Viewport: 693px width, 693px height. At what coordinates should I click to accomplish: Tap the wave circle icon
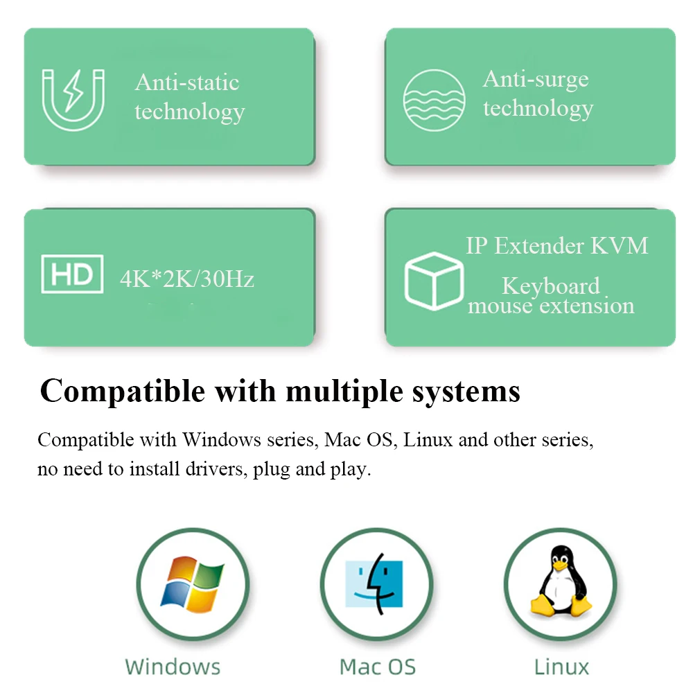435,100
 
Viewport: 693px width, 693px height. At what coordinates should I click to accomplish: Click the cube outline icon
434,281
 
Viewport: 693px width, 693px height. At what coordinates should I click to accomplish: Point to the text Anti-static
187,82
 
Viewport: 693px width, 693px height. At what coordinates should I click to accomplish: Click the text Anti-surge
536,79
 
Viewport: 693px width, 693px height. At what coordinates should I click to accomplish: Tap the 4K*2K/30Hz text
187,279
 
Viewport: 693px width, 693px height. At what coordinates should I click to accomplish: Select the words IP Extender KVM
557,245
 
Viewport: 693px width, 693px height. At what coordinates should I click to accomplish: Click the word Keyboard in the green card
551,286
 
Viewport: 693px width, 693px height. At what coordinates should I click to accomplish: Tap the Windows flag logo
192,584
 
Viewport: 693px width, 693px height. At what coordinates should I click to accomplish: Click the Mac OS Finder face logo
374,584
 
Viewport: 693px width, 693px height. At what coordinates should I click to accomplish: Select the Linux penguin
559,582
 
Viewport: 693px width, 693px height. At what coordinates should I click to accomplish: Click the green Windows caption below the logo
173,667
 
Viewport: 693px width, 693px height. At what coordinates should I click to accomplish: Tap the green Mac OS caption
378,667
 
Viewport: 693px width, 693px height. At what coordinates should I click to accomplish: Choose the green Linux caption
561,667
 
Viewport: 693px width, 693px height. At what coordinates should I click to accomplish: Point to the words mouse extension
551,306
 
